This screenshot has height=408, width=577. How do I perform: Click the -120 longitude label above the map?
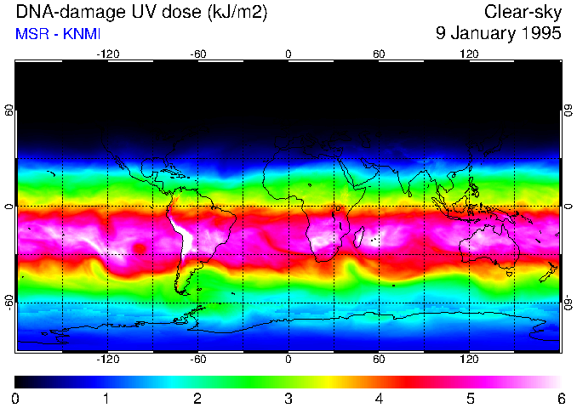coord(107,54)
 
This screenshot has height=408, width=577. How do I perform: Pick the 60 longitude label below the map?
coord(379,360)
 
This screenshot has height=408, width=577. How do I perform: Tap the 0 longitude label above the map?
coord(288,54)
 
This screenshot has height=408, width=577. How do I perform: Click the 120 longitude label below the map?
coord(469,360)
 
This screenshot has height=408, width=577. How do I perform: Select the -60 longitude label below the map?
coord(197,360)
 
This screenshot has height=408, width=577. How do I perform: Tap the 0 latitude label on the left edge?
coord(9,207)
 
